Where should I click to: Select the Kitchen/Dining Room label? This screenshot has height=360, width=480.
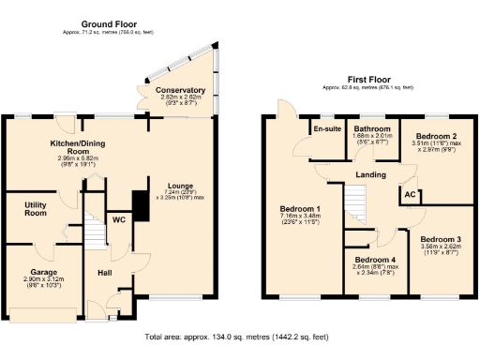coord(57,146)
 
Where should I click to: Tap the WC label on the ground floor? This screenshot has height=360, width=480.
coord(118,220)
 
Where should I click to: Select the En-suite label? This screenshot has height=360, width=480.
coord(325,128)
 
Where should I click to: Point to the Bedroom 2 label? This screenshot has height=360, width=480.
coord(437,134)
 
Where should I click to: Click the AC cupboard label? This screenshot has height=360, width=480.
coord(410,195)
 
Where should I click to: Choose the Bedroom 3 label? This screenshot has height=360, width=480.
coord(441,239)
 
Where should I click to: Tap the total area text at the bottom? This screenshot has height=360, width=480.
coord(239,336)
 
